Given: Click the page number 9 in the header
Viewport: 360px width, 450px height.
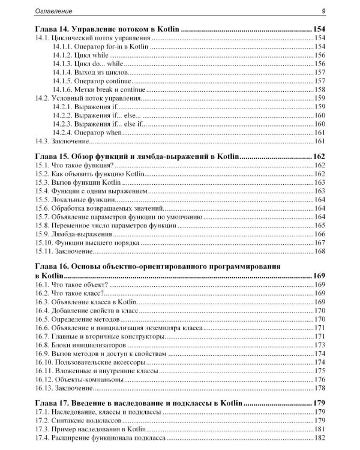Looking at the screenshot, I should (323, 10).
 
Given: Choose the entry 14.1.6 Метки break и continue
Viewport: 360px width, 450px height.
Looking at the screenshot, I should (99, 89).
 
